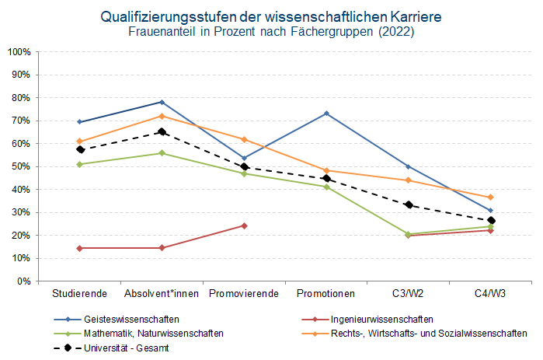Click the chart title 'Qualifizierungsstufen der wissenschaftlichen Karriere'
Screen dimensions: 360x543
(x=271, y=17)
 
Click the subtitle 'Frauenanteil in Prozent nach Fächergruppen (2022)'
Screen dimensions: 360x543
(x=271, y=32)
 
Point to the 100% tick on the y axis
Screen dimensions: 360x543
(x=19, y=52)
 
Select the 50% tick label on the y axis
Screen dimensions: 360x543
(x=21, y=166)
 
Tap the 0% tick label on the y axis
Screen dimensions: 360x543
(x=23, y=281)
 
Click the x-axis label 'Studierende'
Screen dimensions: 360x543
(x=79, y=293)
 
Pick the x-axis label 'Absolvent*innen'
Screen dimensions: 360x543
(x=162, y=293)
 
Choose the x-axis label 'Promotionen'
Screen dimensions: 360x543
(x=326, y=293)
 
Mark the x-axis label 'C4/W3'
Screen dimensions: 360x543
(x=490, y=293)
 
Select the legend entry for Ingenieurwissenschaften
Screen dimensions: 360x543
(x=381, y=320)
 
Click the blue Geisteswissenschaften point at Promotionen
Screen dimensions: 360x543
(x=326, y=114)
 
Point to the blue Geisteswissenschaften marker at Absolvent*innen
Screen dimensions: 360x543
(x=162, y=102)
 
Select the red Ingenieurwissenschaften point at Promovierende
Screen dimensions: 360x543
(x=244, y=225)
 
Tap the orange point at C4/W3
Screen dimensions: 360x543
(x=490, y=197)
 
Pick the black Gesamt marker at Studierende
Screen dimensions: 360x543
(x=80, y=149)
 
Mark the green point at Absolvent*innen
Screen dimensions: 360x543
(x=162, y=153)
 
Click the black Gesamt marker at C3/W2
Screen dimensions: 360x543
(x=409, y=204)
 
